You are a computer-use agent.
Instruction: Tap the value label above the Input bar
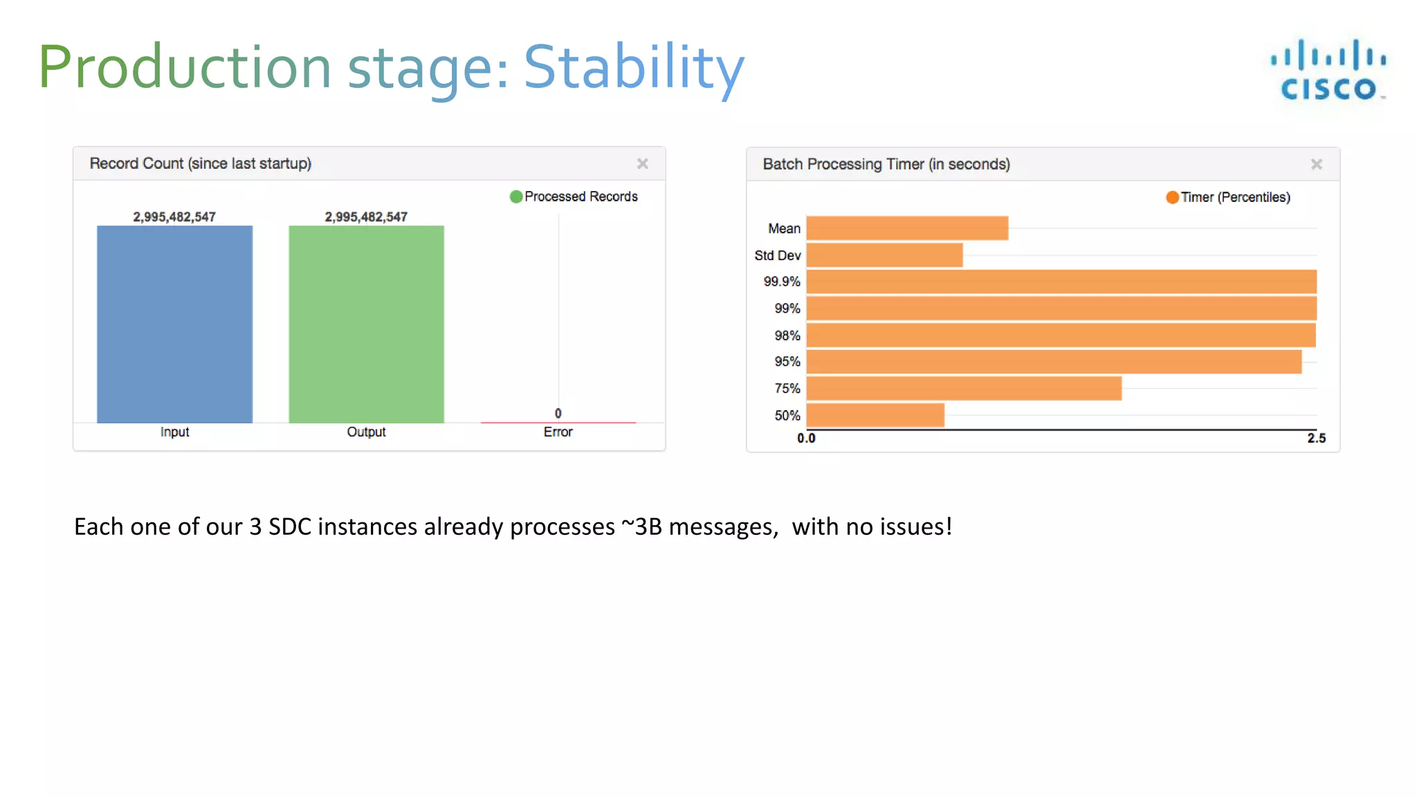click(x=174, y=217)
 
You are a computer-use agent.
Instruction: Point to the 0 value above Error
click(x=558, y=413)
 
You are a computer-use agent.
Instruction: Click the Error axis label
click(x=558, y=432)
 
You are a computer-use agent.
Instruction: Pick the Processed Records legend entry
click(x=574, y=196)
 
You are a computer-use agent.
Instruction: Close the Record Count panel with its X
click(x=642, y=164)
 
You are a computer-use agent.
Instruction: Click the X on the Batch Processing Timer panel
click(x=1316, y=165)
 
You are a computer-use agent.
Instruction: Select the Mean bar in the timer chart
click(x=906, y=228)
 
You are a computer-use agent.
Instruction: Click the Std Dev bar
click(x=884, y=255)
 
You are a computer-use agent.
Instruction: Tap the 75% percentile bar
click(x=963, y=388)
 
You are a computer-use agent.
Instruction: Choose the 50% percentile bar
click(x=875, y=415)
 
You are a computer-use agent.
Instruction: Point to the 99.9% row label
click(x=781, y=282)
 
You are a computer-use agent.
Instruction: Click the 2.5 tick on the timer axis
click(x=1316, y=438)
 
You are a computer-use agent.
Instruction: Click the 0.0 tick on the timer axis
click(x=806, y=438)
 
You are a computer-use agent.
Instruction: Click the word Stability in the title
click(x=633, y=67)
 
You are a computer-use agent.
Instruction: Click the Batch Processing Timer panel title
click(x=886, y=164)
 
